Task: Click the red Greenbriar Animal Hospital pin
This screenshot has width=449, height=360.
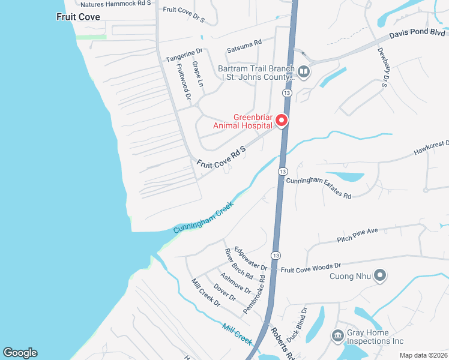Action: [x=281, y=121]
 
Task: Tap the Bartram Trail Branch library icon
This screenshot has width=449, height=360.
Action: [x=304, y=73]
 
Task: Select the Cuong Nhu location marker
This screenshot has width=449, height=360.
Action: [x=379, y=276]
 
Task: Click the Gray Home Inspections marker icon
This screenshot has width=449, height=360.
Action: [x=337, y=335]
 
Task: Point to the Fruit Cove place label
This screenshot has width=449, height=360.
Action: [x=78, y=17]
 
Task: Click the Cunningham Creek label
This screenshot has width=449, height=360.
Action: [x=203, y=217]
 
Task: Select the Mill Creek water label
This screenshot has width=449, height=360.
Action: [x=237, y=333]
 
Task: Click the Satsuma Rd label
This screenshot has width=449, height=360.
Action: [x=244, y=46]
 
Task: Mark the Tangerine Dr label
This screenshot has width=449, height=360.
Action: [x=184, y=55]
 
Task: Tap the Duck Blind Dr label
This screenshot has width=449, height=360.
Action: [x=295, y=325]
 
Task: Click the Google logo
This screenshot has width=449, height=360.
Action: [x=20, y=353]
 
